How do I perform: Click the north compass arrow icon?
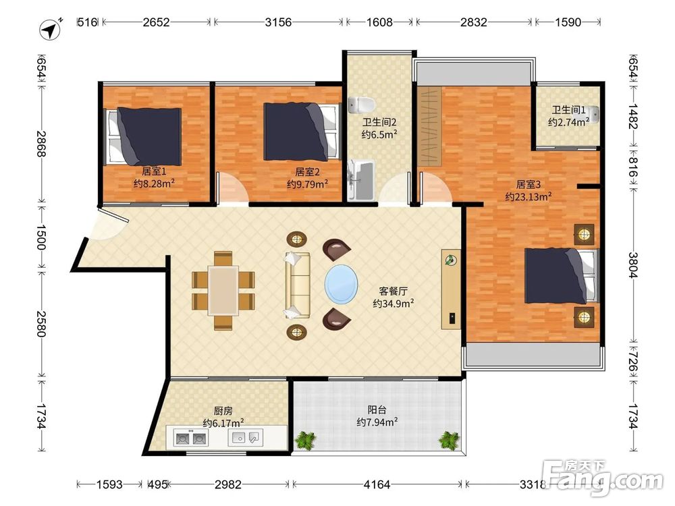(x=51, y=29)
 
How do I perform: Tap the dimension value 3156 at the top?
(x=278, y=22)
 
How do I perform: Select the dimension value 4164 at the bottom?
(x=377, y=485)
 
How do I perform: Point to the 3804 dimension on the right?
(x=632, y=265)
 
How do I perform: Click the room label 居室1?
(x=154, y=171)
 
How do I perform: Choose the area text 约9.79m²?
(x=307, y=184)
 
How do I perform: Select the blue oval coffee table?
(x=341, y=284)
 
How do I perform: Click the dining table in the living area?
(x=223, y=291)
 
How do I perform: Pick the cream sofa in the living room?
(x=297, y=285)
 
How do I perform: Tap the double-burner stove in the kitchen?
(x=190, y=438)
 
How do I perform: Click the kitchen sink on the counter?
(x=245, y=438)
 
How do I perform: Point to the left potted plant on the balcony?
(x=306, y=440)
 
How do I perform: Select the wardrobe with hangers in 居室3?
(x=429, y=127)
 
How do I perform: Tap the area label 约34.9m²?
(x=394, y=304)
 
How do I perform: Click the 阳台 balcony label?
(x=377, y=410)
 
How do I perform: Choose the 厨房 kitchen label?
(x=223, y=411)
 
